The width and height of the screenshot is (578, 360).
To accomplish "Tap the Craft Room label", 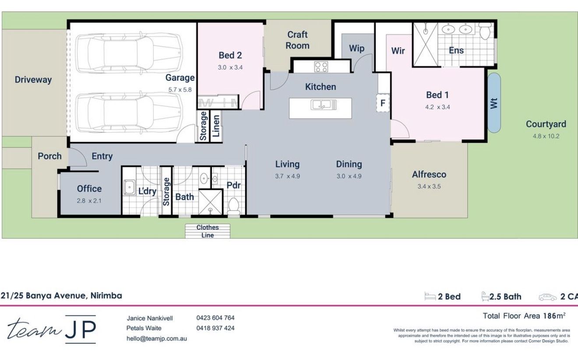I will click(297, 40).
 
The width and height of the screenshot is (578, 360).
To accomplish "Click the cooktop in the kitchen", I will click(321, 67).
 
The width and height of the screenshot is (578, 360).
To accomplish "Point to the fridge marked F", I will click(383, 104).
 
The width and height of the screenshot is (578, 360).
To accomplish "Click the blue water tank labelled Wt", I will click(494, 103).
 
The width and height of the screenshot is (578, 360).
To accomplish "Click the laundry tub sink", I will click(129, 187).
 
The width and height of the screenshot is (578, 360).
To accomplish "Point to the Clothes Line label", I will click(207, 231).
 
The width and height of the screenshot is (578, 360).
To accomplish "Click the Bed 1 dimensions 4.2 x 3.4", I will click(438, 107).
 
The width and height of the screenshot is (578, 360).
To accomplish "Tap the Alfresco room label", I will click(429, 174).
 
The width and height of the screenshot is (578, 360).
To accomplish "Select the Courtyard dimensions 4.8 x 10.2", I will click(546, 136).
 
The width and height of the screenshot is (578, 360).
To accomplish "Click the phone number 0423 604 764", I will click(215, 318).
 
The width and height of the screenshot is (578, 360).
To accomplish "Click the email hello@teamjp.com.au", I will click(157, 339).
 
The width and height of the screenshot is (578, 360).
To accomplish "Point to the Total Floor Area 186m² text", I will click(524, 315).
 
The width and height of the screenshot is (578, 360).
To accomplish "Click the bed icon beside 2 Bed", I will click(430, 296).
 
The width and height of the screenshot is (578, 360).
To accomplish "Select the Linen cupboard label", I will click(216, 126).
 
